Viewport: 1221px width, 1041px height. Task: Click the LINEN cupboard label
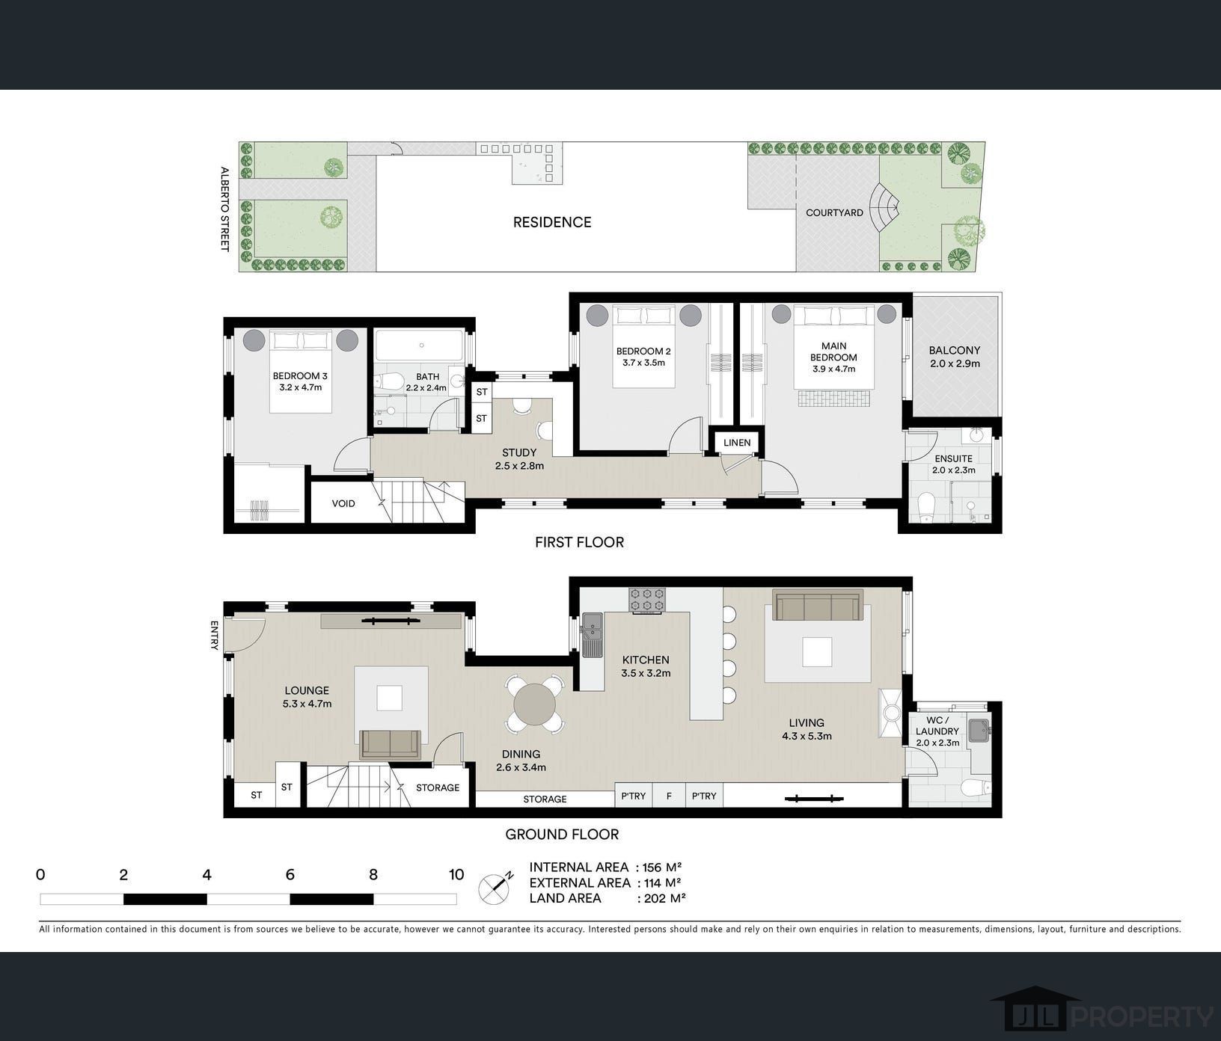click(x=737, y=443)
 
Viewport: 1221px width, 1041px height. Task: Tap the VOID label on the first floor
click(x=343, y=503)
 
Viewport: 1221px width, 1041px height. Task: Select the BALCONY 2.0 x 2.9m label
click(x=954, y=357)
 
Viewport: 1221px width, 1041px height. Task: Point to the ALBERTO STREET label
click(x=224, y=209)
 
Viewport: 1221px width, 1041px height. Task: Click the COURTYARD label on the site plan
click(x=834, y=212)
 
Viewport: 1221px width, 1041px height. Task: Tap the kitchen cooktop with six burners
click(x=647, y=599)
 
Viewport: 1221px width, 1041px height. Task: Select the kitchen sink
click(x=593, y=635)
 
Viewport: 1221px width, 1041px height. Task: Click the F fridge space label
click(x=669, y=796)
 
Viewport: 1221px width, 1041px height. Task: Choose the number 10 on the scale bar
click(x=456, y=874)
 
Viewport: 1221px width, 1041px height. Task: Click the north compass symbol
click(x=495, y=888)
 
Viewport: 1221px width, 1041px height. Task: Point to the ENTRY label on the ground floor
click(x=215, y=635)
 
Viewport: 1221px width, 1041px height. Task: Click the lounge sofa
click(x=390, y=744)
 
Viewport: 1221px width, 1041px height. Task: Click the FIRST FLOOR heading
click(x=579, y=542)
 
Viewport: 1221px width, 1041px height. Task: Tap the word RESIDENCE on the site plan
click(x=552, y=222)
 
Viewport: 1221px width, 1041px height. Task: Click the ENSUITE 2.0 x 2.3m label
click(x=954, y=464)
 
